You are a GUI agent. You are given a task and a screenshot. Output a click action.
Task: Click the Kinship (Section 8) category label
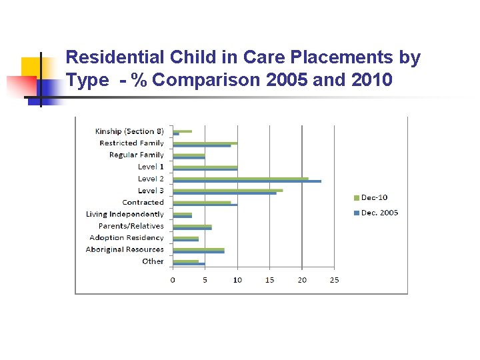click(x=129, y=131)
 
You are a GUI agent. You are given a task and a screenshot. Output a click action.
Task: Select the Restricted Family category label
click(x=131, y=143)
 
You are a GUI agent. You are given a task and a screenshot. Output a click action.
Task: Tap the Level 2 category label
click(x=151, y=179)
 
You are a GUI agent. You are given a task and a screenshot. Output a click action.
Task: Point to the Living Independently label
click(x=125, y=214)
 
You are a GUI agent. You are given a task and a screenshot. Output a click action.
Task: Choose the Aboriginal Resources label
click(x=125, y=249)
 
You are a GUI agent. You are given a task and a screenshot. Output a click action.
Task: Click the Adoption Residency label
click(x=127, y=237)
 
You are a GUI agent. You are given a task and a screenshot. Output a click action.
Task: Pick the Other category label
click(x=153, y=261)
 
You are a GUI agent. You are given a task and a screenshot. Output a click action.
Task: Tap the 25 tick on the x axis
click(x=334, y=280)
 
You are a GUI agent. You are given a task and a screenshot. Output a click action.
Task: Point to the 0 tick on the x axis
click(x=173, y=280)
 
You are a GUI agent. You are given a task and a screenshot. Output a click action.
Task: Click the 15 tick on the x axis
click(x=269, y=280)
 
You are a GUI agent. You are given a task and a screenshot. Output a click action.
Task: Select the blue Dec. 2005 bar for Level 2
click(x=247, y=181)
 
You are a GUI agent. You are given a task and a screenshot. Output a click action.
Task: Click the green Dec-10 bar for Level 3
click(x=227, y=190)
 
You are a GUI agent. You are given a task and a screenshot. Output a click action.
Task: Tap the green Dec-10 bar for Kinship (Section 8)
click(x=182, y=131)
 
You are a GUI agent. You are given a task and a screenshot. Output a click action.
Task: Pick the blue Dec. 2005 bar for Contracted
click(x=205, y=205)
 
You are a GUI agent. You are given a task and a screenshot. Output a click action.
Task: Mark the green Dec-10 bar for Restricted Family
click(x=205, y=143)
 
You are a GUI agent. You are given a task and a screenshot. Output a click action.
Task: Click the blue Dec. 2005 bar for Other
click(x=189, y=264)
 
